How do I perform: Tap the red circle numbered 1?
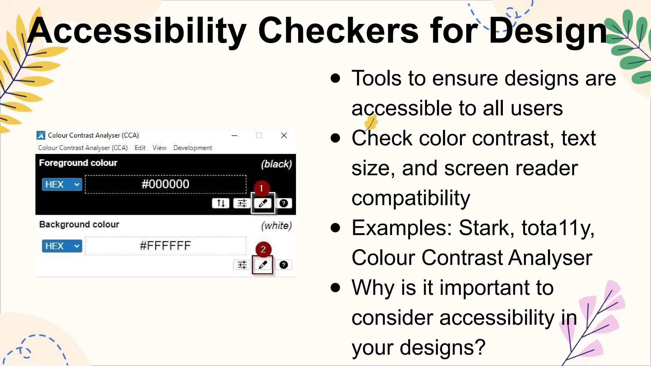click(261, 188)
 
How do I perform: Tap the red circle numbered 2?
click(263, 249)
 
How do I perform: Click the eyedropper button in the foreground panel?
click(263, 203)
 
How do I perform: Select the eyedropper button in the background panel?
click(263, 265)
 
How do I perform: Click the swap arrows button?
click(221, 203)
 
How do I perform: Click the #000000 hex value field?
click(166, 184)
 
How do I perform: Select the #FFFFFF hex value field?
click(166, 246)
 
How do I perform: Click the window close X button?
click(284, 135)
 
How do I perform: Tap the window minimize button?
click(235, 135)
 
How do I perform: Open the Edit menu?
click(140, 148)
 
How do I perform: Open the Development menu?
click(193, 148)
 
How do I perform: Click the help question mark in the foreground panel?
click(284, 203)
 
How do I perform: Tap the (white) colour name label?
click(276, 226)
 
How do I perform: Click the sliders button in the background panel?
click(242, 265)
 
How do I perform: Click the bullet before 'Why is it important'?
click(335, 288)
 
